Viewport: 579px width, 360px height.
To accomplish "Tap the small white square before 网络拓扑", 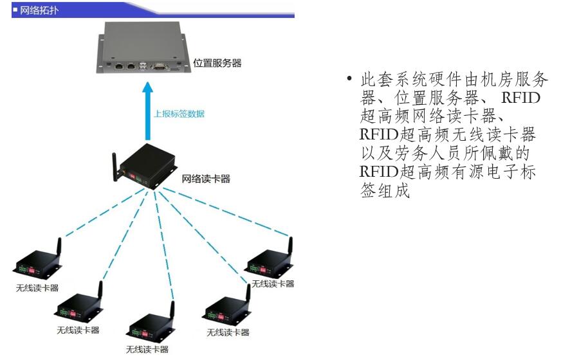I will click(x=15, y=10).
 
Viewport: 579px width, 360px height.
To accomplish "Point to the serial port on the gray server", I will click(x=158, y=65).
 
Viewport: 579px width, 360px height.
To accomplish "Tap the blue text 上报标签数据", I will click(x=179, y=114).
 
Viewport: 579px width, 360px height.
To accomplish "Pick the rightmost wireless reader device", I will click(x=270, y=260).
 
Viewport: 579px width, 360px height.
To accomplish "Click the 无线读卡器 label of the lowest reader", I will click(x=147, y=350).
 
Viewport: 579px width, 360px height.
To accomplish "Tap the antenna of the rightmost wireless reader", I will click(x=289, y=246).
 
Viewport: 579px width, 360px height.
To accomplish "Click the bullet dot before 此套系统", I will click(x=349, y=80).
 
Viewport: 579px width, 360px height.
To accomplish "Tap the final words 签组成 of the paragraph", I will click(x=385, y=192).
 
